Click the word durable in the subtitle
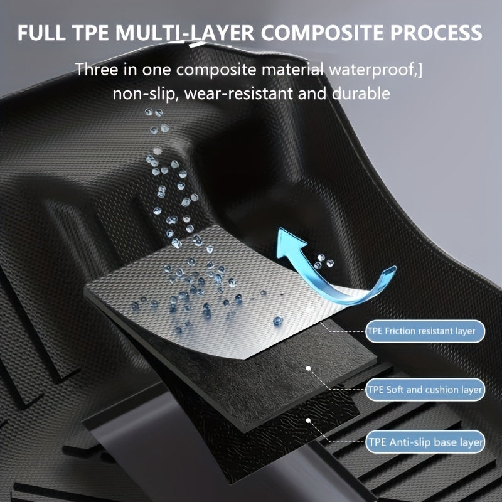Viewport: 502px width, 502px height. coord(365,95)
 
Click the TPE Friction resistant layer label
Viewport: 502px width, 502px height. coord(425,330)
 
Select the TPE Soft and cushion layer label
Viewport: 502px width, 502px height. coord(425,390)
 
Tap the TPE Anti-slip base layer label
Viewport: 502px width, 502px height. coord(425,442)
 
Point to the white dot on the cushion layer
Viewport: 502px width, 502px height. coord(308,369)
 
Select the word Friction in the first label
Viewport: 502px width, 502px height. coord(407,330)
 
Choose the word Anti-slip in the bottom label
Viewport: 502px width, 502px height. coord(410,442)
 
